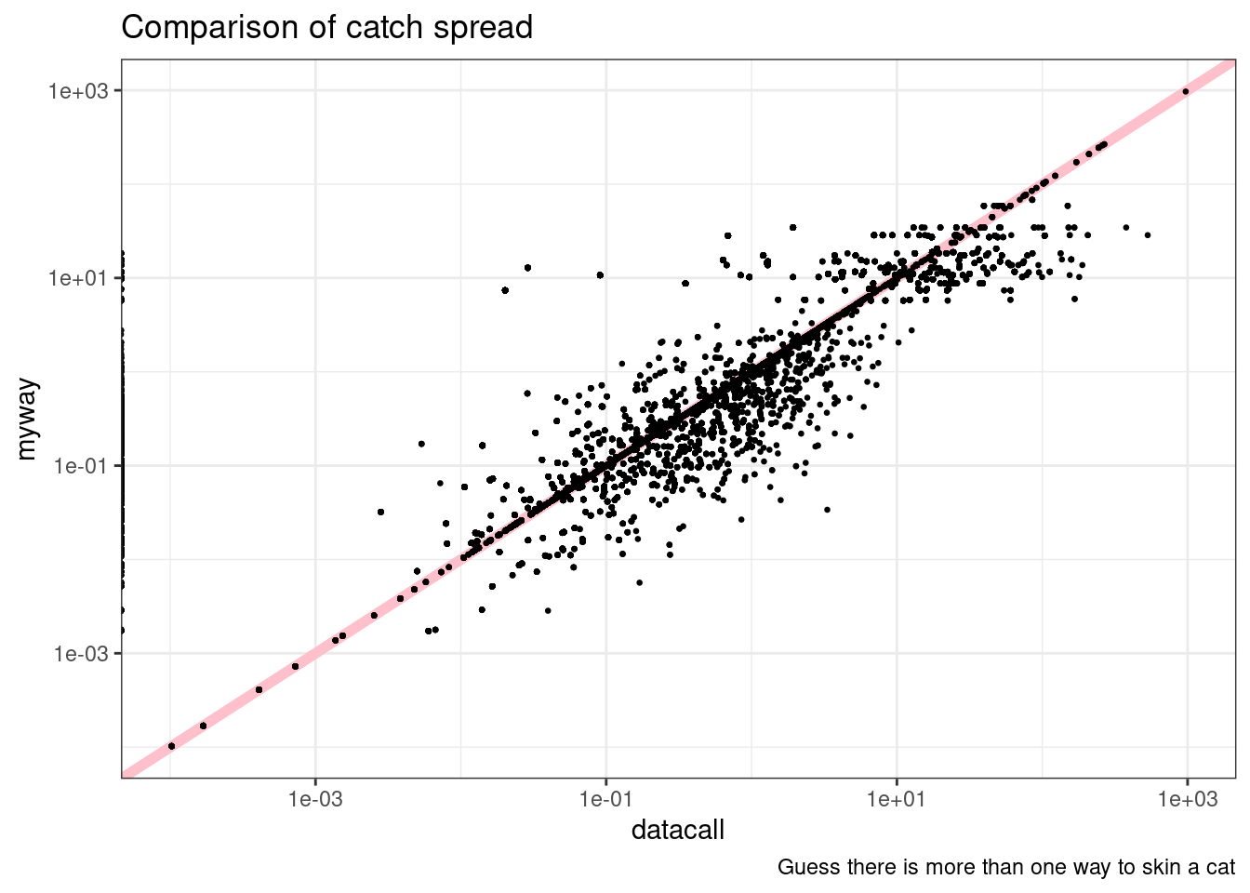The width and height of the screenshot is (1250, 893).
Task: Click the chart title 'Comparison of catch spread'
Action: point(326,28)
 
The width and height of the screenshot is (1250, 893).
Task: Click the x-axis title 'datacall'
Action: point(677,830)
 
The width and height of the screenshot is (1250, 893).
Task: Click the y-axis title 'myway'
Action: point(27,419)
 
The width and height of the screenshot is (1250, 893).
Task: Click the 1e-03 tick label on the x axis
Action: point(315,799)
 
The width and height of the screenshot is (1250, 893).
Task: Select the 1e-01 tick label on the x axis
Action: point(606,799)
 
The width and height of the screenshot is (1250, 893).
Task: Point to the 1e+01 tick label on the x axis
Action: point(897,799)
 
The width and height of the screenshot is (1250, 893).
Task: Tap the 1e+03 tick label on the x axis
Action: point(1187,799)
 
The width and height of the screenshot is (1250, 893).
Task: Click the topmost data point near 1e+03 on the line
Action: point(1185,91)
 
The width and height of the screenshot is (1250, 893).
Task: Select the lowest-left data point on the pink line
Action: point(171,746)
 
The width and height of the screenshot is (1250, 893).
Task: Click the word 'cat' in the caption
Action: point(1220,868)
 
